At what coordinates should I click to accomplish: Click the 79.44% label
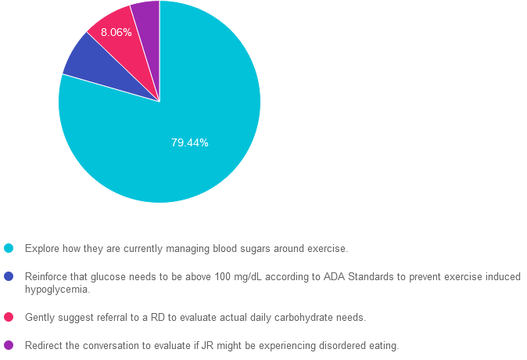tap(189, 143)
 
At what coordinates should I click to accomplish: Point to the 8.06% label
tap(116, 33)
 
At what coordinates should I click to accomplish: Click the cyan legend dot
tap(9, 248)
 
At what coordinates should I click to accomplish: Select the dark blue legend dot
tap(9, 276)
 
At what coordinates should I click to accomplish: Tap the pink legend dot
tap(9, 317)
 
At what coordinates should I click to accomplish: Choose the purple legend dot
tap(9, 345)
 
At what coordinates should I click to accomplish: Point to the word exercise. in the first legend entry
tap(329, 249)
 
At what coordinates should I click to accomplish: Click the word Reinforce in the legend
tap(46, 277)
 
